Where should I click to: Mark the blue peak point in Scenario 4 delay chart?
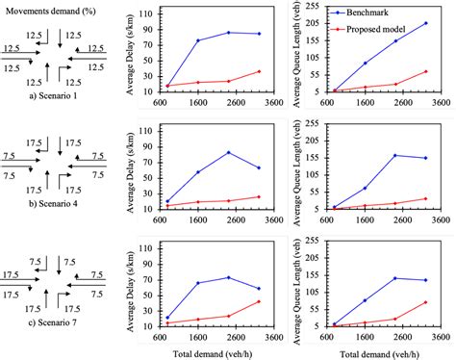(x=229, y=152)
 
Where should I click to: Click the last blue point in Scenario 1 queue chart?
(x=425, y=23)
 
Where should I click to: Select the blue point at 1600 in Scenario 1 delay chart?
(x=198, y=40)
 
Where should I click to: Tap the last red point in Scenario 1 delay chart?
(x=259, y=71)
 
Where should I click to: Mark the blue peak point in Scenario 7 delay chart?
(x=229, y=277)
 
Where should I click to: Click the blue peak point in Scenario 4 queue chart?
(x=394, y=155)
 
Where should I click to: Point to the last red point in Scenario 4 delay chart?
(x=259, y=196)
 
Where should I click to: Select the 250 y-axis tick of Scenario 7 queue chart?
(x=314, y=241)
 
